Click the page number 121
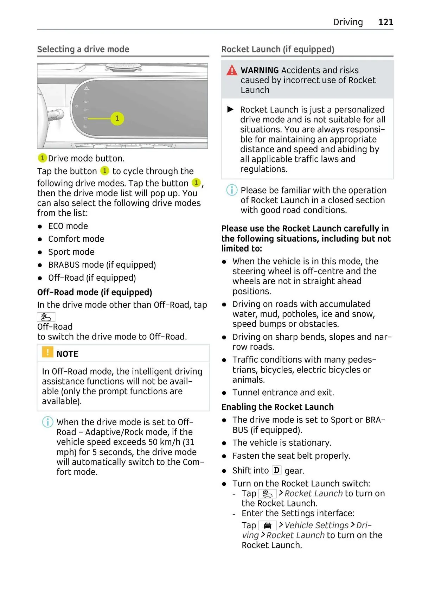[x=385, y=22]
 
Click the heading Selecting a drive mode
[x=83, y=49]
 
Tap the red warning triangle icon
[x=232, y=70]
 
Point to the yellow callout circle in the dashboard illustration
[x=117, y=119]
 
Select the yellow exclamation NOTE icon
[x=47, y=352]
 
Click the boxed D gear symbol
[x=277, y=470]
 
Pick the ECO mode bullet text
[x=68, y=226]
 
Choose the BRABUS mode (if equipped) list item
[x=102, y=265]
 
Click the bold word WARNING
[x=260, y=70]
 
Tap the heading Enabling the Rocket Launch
[x=277, y=407]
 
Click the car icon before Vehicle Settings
[x=268, y=525]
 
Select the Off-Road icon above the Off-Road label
[x=46, y=317]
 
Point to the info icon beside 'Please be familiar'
[x=232, y=190]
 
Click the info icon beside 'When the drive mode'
[x=47, y=422]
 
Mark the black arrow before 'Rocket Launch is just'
[x=231, y=109]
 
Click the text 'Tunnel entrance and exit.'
[x=283, y=393]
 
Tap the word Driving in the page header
[x=348, y=22]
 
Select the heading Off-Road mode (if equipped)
[x=95, y=292]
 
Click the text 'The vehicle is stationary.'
[x=282, y=443]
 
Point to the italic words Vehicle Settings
[x=316, y=525]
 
